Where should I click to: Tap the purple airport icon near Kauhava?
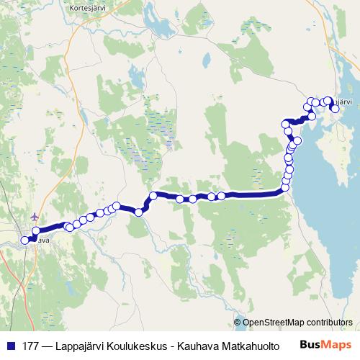[36, 217]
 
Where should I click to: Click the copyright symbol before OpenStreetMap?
[238, 322]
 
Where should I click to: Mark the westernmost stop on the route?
[25, 240]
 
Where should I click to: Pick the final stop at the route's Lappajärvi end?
[335, 108]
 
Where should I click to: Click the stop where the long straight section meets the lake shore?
[285, 188]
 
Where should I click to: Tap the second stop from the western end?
[35, 230]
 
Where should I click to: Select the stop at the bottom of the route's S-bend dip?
[138, 211]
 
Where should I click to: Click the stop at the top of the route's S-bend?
[153, 196]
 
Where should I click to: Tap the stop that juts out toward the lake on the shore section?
[297, 140]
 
